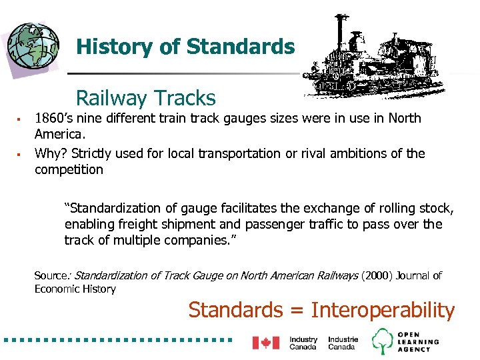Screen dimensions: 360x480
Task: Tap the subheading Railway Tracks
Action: (x=146, y=98)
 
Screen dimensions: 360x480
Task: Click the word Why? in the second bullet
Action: (x=49, y=153)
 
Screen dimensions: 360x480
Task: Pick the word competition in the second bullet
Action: (x=69, y=169)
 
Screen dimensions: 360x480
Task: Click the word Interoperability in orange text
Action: (x=383, y=310)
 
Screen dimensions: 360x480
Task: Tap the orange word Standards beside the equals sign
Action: (x=235, y=310)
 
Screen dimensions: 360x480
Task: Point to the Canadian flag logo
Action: (x=265, y=343)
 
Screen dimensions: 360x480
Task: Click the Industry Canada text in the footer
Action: (x=303, y=343)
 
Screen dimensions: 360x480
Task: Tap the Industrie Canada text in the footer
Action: (x=343, y=343)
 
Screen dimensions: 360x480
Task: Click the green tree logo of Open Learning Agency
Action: (x=383, y=341)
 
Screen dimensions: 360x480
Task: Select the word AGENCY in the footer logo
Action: (x=417, y=349)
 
